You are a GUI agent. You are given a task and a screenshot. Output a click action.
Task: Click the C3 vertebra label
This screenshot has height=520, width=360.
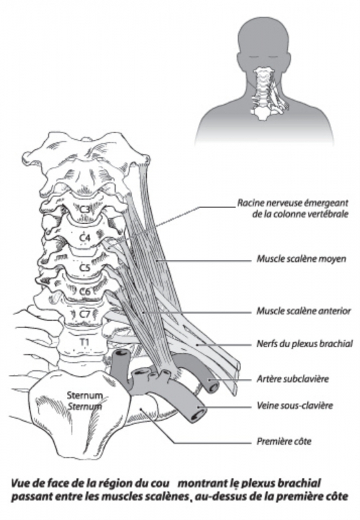click(85, 209)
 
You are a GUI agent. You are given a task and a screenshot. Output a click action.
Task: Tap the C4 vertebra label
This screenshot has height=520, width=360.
click(86, 237)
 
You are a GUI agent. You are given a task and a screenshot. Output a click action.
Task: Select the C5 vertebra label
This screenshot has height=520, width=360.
click(85, 267)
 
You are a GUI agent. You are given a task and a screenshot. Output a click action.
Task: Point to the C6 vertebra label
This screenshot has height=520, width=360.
click(85, 292)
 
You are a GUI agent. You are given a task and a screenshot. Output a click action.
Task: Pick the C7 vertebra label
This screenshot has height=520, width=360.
click(85, 314)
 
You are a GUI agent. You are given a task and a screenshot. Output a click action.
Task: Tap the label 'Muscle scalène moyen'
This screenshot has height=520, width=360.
click(302, 259)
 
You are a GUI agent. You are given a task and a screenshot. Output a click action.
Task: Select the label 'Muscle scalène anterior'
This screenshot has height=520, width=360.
click(303, 311)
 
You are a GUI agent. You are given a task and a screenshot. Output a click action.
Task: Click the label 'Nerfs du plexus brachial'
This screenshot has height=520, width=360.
click(305, 344)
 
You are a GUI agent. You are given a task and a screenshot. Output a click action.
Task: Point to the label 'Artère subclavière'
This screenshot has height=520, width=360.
click(292, 379)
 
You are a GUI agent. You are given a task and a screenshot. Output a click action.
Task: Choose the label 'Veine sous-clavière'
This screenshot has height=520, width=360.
click(295, 405)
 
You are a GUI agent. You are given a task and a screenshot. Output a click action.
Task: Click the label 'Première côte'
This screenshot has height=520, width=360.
click(284, 441)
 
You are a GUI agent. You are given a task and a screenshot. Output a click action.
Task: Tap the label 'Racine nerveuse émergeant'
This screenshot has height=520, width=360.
click(292, 203)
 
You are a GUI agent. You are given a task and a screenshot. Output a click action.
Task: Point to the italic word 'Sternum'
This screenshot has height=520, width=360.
click(84, 406)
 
